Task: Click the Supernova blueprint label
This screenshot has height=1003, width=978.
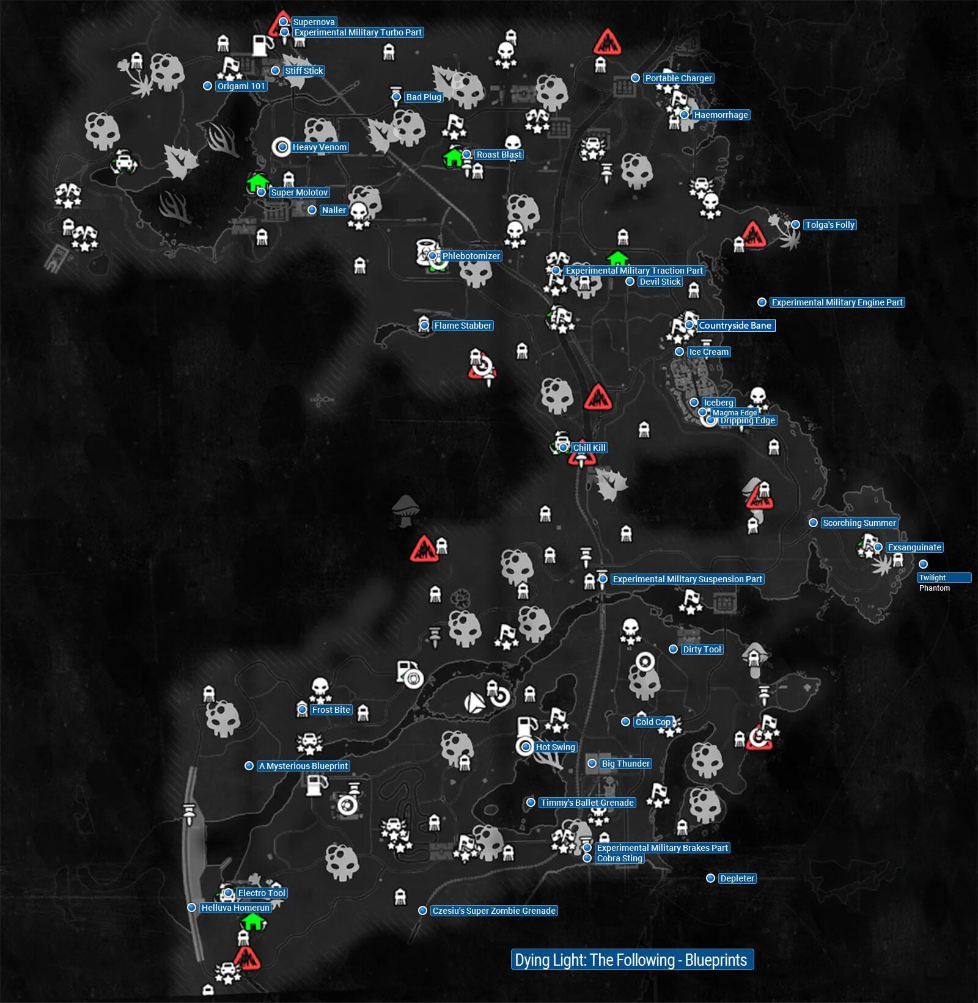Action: (x=314, y=22)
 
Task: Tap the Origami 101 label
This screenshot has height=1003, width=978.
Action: (x=241, y=86)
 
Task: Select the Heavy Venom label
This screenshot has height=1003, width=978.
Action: (x=319, y=147)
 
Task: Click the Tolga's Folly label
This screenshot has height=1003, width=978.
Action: (x=829, y=225)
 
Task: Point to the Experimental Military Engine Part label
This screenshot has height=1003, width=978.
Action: (x=837, y=302)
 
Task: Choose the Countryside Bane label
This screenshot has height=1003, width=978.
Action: (x=735, y=326)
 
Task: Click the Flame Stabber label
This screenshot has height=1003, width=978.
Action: (x=463, y=326)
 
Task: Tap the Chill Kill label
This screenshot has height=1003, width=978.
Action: (x=589, y=448)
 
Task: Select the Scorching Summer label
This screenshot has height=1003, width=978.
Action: (x=859, y=523)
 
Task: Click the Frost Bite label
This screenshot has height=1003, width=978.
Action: (x=331, y=710)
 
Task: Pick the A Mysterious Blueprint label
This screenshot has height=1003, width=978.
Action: (x=303, y=766)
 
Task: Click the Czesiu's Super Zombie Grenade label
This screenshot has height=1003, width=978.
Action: (x=494, y=911)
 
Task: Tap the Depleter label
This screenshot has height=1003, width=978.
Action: (x=737, y=878)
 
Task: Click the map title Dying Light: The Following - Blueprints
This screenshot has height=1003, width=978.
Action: (x=631, y=960)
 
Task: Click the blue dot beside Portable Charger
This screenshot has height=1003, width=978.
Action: (x=636, y=78)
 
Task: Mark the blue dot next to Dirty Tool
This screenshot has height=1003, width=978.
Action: (x=673, y=649)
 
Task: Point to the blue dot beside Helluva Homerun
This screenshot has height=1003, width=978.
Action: (x=191, y=908)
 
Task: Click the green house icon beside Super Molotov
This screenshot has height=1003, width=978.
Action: (x=257, y=182)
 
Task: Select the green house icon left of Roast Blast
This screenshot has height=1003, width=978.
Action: (x=454, y=157)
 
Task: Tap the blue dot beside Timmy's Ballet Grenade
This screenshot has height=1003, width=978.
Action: (x=531, y=803)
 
